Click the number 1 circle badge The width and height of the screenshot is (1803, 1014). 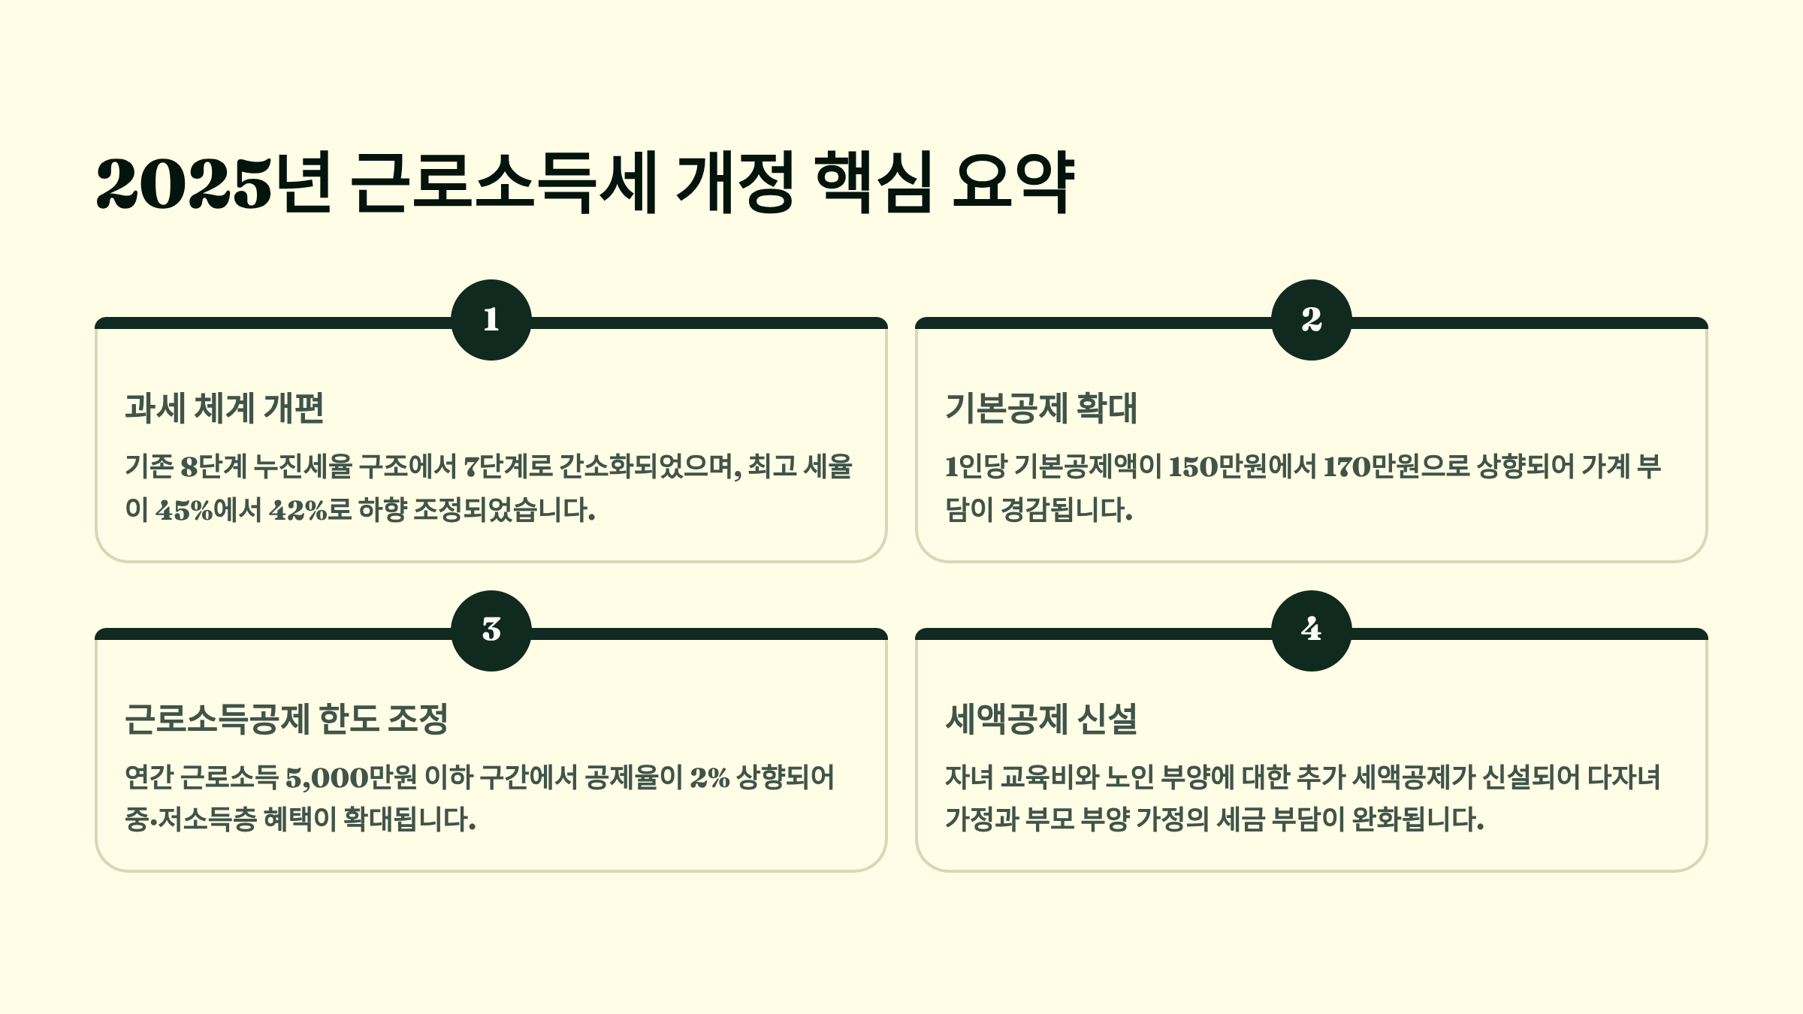tap(491, 320)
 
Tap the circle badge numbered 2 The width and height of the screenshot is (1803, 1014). tap(1311, 320)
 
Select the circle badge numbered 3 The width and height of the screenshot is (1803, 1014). tap(491, 630)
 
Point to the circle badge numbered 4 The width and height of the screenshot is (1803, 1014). tap(1311, 630)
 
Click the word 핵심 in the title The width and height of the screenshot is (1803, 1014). tap(874, 183)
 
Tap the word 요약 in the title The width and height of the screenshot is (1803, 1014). tap(1013, 183)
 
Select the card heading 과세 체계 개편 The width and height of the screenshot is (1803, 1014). tap(225, 408)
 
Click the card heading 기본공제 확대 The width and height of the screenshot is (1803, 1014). tap(1041, 408)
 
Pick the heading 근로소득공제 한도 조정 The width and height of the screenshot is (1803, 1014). tap(286, 719)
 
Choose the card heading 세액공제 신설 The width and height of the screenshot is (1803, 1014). tap(1041, 719)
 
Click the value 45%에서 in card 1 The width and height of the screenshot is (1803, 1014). tap(208, 510)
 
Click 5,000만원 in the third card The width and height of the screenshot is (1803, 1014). tap(351, 777)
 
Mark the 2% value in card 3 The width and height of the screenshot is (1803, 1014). tap(709, 777)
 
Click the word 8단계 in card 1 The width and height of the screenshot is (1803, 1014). tap(213, 467)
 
